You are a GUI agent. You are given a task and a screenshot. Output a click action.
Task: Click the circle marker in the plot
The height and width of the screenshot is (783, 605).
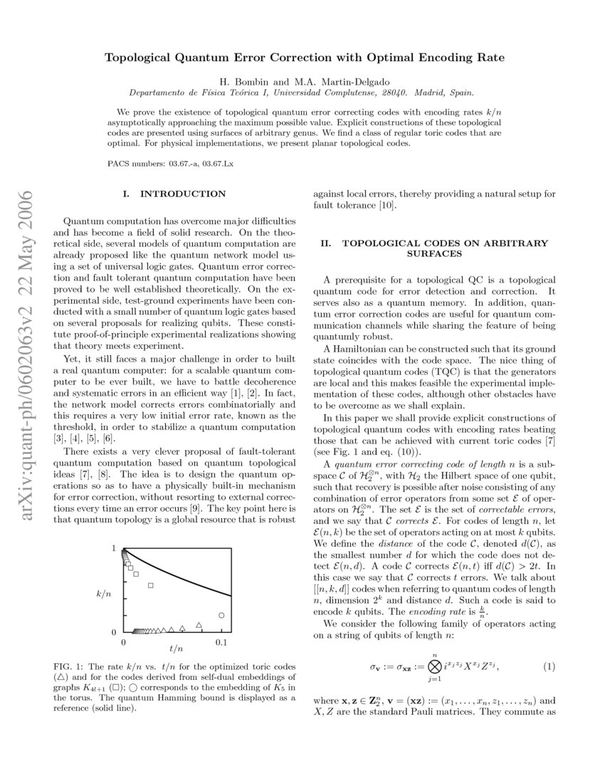coord(221,615)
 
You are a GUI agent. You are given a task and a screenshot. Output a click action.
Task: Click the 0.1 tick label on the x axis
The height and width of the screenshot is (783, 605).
coord(221,643)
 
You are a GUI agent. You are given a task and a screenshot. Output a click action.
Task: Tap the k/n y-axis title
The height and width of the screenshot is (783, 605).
coord(103,592)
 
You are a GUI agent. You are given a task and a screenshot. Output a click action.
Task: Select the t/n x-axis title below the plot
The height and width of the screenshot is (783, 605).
coord(177,648)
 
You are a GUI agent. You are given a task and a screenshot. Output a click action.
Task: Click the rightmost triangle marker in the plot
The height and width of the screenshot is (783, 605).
coord(199,626)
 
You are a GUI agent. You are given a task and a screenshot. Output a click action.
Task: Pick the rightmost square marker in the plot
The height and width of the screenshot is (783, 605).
coord(151,585)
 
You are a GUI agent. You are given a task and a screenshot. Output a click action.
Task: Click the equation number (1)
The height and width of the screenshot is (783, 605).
coord(549,666)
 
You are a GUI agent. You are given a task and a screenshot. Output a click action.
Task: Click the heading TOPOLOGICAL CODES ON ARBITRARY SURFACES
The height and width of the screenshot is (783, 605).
coord(434,248)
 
